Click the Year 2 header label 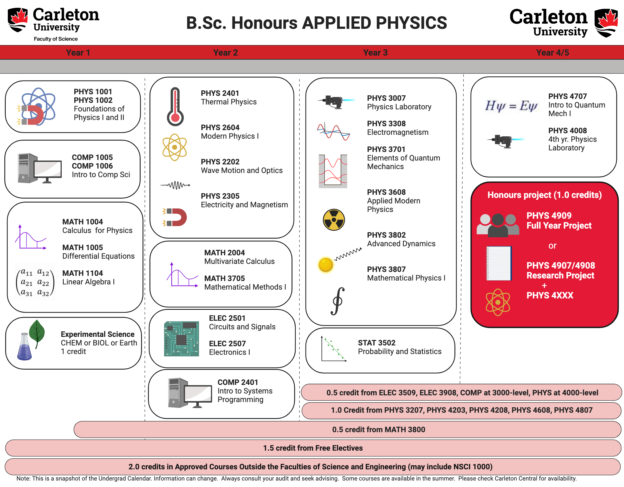(225, 52)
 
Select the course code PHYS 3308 (386, 124)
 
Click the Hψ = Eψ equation (511, 106)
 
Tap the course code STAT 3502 (376, 343)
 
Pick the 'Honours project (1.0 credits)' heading (544, 195)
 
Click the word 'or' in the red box (552, 246)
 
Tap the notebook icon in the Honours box (499, 263)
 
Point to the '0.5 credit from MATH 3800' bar (378, 429)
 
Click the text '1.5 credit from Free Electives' (313, 448)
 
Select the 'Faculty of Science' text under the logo (56, 39)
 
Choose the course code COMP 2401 (238, 382)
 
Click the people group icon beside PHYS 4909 (497, 225)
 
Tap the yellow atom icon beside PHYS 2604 (174, 147)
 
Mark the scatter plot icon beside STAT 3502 (333, 349)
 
